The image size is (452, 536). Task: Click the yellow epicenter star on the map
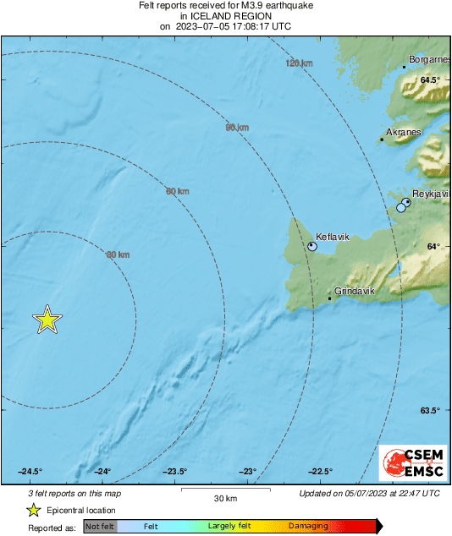click(47, 320)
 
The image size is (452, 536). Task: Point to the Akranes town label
click(403, 133)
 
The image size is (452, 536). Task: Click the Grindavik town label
click(355, 291)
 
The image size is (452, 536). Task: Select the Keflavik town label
click(332, 237)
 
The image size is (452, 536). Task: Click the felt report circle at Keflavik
click(312, 247)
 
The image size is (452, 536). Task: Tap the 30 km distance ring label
click(118, 254)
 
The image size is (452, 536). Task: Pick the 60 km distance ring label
click(177, 191)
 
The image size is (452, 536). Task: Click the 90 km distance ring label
click(237, 128)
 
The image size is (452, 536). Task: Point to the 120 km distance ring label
click(299, 63)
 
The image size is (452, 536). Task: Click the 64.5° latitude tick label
click(431, 79)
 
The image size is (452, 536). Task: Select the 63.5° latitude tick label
click(431, 411)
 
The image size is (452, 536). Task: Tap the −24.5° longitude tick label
click(30, 472)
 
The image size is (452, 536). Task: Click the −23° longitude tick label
click(247, 472)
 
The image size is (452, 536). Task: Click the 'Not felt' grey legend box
click(100, 527)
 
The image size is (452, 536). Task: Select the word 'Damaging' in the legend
click(308, 527)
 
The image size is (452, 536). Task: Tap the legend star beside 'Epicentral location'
click(33, 510)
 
